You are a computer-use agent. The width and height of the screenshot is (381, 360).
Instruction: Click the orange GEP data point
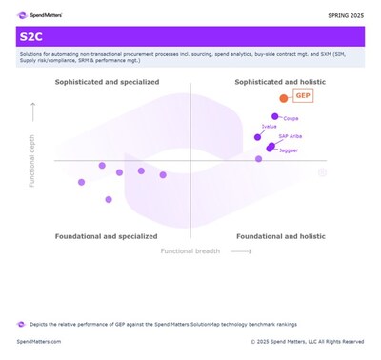[283, 98]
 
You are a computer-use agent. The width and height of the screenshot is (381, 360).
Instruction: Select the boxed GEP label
[303, 97]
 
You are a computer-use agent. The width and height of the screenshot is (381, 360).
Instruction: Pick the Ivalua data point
[257, 136]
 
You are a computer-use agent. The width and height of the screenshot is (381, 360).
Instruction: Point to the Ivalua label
[270, 127]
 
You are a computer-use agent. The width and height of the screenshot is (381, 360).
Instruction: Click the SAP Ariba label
[290, 137]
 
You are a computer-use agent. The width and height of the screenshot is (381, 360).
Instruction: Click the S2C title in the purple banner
[33, 36]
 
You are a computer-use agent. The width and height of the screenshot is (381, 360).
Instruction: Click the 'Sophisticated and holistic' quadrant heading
[281, 84]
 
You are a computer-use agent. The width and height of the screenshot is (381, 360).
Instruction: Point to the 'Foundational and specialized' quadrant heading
[106, 235]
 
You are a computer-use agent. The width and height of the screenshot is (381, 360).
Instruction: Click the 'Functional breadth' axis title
[190, 251]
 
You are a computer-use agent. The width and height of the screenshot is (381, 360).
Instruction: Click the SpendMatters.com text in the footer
[39, 341]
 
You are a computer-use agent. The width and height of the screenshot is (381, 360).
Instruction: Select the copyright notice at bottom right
[307, 341]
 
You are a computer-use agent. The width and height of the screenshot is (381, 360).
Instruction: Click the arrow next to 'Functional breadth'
[242, 251]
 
